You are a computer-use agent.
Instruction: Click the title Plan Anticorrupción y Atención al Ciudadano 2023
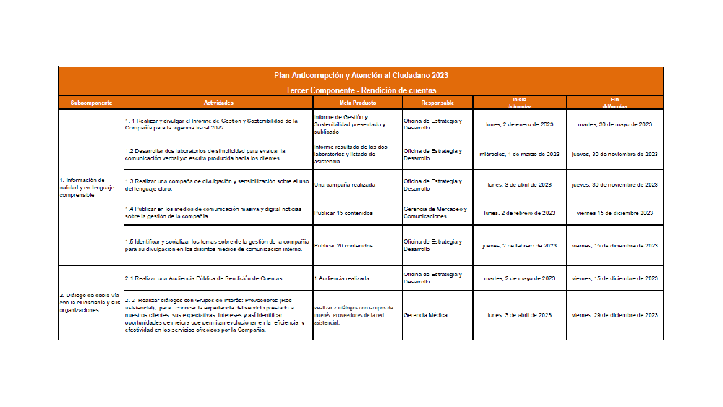[x=361, y=75]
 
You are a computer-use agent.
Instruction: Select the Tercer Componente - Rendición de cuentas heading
[x=361, y=90]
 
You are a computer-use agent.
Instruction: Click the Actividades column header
[x=218, y=103]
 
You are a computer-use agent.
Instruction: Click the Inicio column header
[x=519, y=102]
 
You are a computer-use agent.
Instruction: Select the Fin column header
[x=615, y=102]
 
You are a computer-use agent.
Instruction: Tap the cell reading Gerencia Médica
[x=426, y=315]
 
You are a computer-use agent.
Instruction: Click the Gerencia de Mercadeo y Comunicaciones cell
[x=435, y=213]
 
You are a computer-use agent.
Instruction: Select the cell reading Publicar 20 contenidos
[x=343, y=246]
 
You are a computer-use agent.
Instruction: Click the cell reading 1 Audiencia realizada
[x=342, y=278]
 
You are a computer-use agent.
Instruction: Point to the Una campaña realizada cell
[x=345, y=184]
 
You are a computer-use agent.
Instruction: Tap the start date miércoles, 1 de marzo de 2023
[x=519, y=154]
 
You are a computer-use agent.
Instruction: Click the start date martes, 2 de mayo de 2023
[x=519, y=278]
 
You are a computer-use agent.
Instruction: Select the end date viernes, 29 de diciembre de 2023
[x=615, y=315]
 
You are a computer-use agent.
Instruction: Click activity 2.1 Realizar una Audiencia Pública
[x=203, y=278]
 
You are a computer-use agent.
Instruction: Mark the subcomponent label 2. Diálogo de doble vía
[x=87, y=302]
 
